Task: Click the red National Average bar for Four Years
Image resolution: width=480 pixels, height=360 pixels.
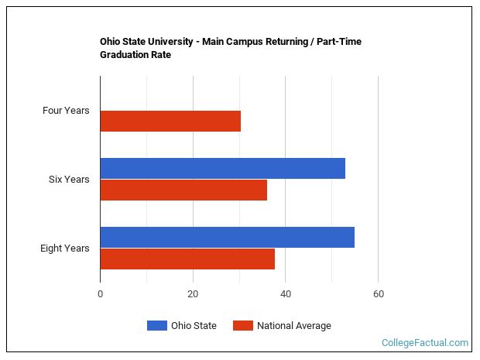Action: point(170,122)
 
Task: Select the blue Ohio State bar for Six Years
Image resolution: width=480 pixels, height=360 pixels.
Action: point(222,168)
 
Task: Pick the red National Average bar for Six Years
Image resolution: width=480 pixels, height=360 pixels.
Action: point(183,190)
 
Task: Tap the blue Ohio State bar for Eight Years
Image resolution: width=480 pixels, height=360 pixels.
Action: point(227,237)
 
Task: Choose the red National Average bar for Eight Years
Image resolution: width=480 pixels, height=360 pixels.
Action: point(187,259)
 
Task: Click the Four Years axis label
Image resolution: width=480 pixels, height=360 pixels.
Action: point(66,111)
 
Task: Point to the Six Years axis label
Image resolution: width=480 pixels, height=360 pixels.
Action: point(69,180)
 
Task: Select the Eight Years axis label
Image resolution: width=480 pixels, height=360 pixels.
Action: point(65,249)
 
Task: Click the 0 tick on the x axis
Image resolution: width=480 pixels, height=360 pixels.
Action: point(100,294)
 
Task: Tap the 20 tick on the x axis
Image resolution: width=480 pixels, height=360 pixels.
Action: point(193,294)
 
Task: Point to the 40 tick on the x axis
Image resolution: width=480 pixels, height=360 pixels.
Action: point(286,294)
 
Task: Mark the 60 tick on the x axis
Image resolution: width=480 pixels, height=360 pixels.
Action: point(378,294)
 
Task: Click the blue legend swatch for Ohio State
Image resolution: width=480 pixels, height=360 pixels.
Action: point(157,326)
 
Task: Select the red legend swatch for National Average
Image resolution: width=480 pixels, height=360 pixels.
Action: point(242,326)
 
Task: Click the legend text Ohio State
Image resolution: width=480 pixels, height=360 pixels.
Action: point(194,326)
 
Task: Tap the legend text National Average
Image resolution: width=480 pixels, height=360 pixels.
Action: point(294,326)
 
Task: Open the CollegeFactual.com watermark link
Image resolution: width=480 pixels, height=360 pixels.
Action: point(425,342)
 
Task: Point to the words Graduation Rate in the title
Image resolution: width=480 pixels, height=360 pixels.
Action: point(135,55)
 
